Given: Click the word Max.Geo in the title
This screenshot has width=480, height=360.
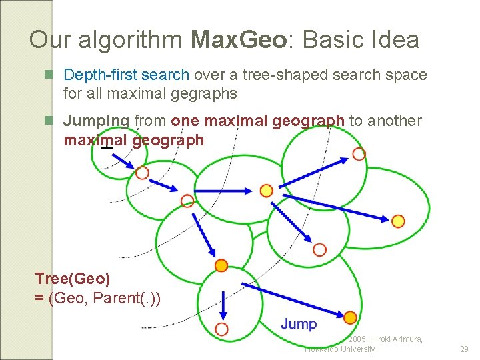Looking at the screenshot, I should [x=239, y=41].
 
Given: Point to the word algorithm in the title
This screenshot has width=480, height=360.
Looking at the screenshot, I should [x=131, y=41].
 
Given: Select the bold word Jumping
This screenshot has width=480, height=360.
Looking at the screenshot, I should [x=96, y=121].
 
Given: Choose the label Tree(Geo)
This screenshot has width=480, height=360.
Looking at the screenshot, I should [x=73, y=279].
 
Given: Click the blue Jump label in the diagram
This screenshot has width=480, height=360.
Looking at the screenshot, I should [x=299, y=324].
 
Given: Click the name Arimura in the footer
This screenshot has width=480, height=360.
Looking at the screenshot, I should [x=403, y=339].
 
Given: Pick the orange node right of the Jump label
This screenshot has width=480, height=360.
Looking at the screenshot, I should [x=350, y=318].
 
